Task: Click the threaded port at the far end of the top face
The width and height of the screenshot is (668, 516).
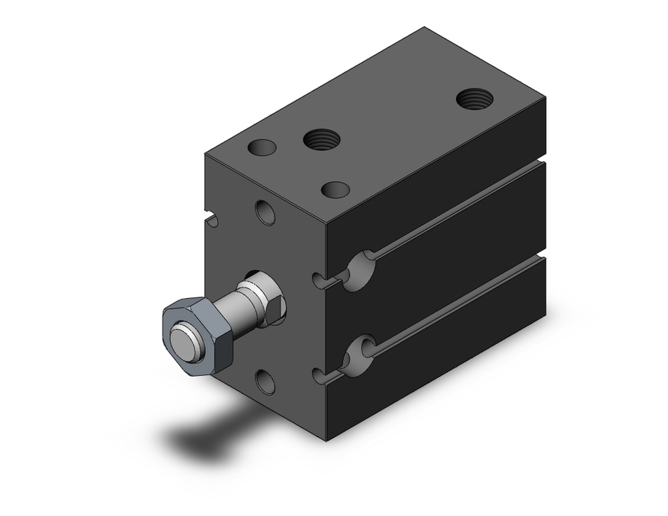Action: point(475,99)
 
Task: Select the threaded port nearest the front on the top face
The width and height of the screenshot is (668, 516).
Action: point(321,140)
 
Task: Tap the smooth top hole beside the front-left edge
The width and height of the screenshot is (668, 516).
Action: point(261,147)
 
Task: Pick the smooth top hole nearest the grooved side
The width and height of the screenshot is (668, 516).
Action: point(335,190)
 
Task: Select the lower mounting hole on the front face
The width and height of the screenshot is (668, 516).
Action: point(265,382)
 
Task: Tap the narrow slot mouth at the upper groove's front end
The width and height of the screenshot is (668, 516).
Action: point(319,280)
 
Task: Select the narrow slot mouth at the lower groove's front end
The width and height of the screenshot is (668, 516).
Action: point(319,376)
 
